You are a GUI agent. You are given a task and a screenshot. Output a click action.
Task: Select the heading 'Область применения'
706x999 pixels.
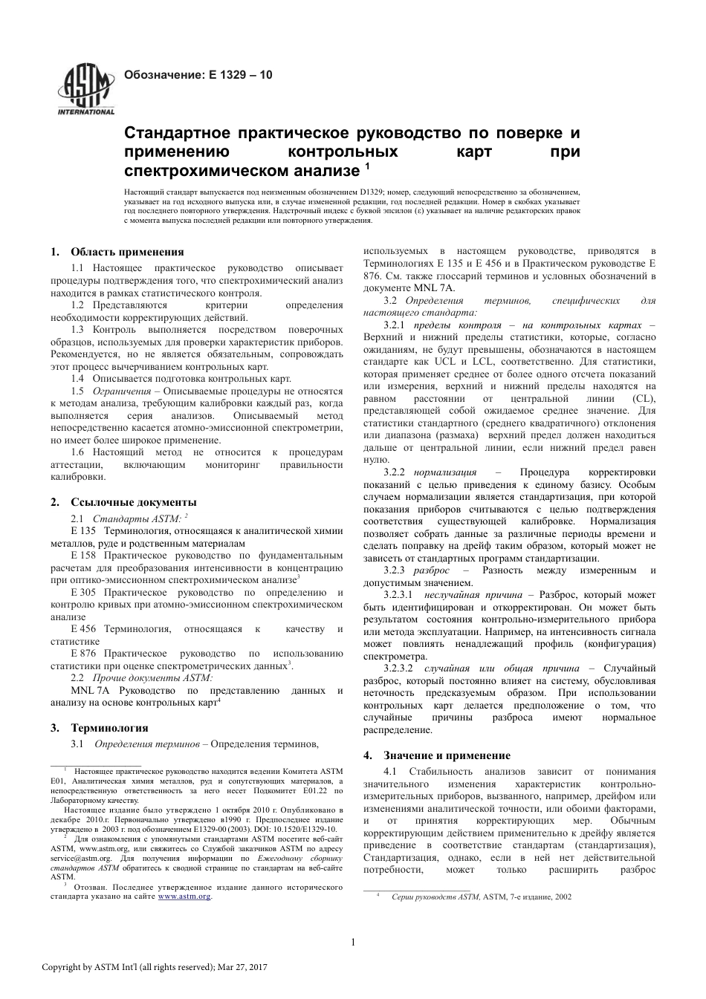127,252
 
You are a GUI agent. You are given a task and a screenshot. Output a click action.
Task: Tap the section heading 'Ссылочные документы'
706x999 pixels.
134,502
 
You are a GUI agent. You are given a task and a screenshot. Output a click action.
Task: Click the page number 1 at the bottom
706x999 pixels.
353,943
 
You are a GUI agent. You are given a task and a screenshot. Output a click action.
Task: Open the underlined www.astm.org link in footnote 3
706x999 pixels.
184,897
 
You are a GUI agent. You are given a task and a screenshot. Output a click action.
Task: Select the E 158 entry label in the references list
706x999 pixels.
84,555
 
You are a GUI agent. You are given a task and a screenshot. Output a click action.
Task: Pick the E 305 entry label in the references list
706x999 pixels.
84,593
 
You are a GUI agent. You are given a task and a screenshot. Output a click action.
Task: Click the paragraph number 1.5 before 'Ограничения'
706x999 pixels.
77,391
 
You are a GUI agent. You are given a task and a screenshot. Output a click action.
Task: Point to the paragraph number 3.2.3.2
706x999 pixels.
398,668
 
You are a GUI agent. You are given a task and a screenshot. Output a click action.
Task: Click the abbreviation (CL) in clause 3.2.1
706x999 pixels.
644,398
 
